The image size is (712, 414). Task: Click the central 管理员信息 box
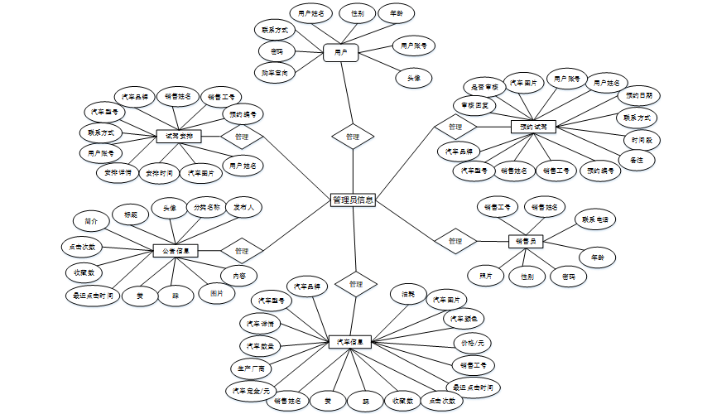click(353, 200)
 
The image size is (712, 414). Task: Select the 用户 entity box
click(339, 52)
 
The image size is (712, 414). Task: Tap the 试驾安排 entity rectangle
click(179, 136)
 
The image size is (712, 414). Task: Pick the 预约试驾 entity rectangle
click(533, 127)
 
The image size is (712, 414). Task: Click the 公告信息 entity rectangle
click(175, 250)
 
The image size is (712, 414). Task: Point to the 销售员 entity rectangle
click(526, 241)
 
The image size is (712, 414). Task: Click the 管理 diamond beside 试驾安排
click(242, 136)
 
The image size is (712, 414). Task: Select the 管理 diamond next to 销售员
click(455, 241)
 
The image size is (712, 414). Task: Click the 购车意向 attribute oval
click(275, 74)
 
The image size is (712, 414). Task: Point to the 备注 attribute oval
click(637, 159)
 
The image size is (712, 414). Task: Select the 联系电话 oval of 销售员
click(595, 219)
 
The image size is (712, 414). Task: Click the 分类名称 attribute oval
click(205, 207)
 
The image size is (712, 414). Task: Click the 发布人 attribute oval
click(245, 207)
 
